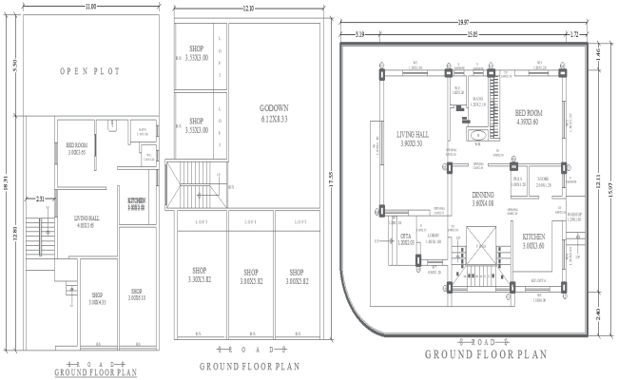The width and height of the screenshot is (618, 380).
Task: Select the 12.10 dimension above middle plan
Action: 249,9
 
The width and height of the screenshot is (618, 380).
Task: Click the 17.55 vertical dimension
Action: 330,176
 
